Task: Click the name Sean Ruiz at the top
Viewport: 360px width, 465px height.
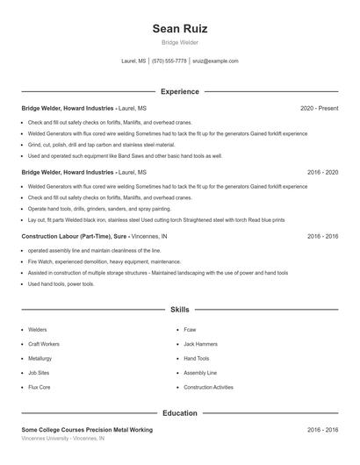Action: click(179, 29)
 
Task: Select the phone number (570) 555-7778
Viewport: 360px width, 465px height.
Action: click(169, 61)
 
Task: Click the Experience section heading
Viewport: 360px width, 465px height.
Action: click(179, 91)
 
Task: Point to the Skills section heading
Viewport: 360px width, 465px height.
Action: click(179, 310)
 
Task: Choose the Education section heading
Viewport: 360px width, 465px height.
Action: click(179, 412)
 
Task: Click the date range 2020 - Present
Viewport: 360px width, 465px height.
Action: click(319, 108)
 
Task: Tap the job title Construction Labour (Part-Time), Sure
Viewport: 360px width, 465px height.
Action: click(75, 237)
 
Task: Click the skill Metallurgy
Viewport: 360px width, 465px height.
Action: click(40, 359)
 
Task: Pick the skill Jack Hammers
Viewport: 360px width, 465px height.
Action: click(200, 344)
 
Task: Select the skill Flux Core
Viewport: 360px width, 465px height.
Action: click(40, 387)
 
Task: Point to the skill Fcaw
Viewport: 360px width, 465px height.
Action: click(190, 330)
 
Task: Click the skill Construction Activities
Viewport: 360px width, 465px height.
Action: click(208, 387)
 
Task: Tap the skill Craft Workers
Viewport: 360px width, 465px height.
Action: click(44, 344)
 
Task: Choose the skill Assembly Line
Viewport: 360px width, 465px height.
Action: click(200, 373)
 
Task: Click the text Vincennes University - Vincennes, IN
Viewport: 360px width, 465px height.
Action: click(62, 438)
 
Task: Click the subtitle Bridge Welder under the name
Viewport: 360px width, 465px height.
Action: click(179, 42)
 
